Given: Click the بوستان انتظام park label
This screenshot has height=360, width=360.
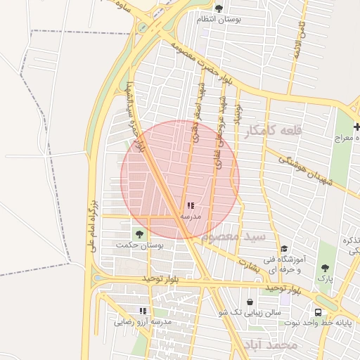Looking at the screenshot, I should [x=219, y=20].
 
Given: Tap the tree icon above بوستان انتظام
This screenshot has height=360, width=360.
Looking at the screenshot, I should [x=219, y=8].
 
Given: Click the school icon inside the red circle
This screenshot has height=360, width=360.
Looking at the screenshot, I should [x=191, y=206].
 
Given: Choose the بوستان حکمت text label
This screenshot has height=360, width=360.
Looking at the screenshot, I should [x=140, y=245].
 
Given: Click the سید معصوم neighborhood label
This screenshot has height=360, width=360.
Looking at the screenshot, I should [x=233, y=236].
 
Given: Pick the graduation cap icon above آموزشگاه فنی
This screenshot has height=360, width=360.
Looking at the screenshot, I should [x=283, y=248].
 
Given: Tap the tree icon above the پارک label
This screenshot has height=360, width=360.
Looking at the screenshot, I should [x=324, y=268].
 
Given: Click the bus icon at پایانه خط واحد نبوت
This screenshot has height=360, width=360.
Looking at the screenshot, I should [x=318, y=312].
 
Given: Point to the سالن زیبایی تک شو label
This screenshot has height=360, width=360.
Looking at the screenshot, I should [x=250, y=312].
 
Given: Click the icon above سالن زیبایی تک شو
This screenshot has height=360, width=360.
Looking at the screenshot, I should [x=250, y=302].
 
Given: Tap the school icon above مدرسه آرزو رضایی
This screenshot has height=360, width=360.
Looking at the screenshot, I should [x=143, y=311].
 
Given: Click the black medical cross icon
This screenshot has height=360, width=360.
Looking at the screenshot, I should [x=356, y=127].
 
